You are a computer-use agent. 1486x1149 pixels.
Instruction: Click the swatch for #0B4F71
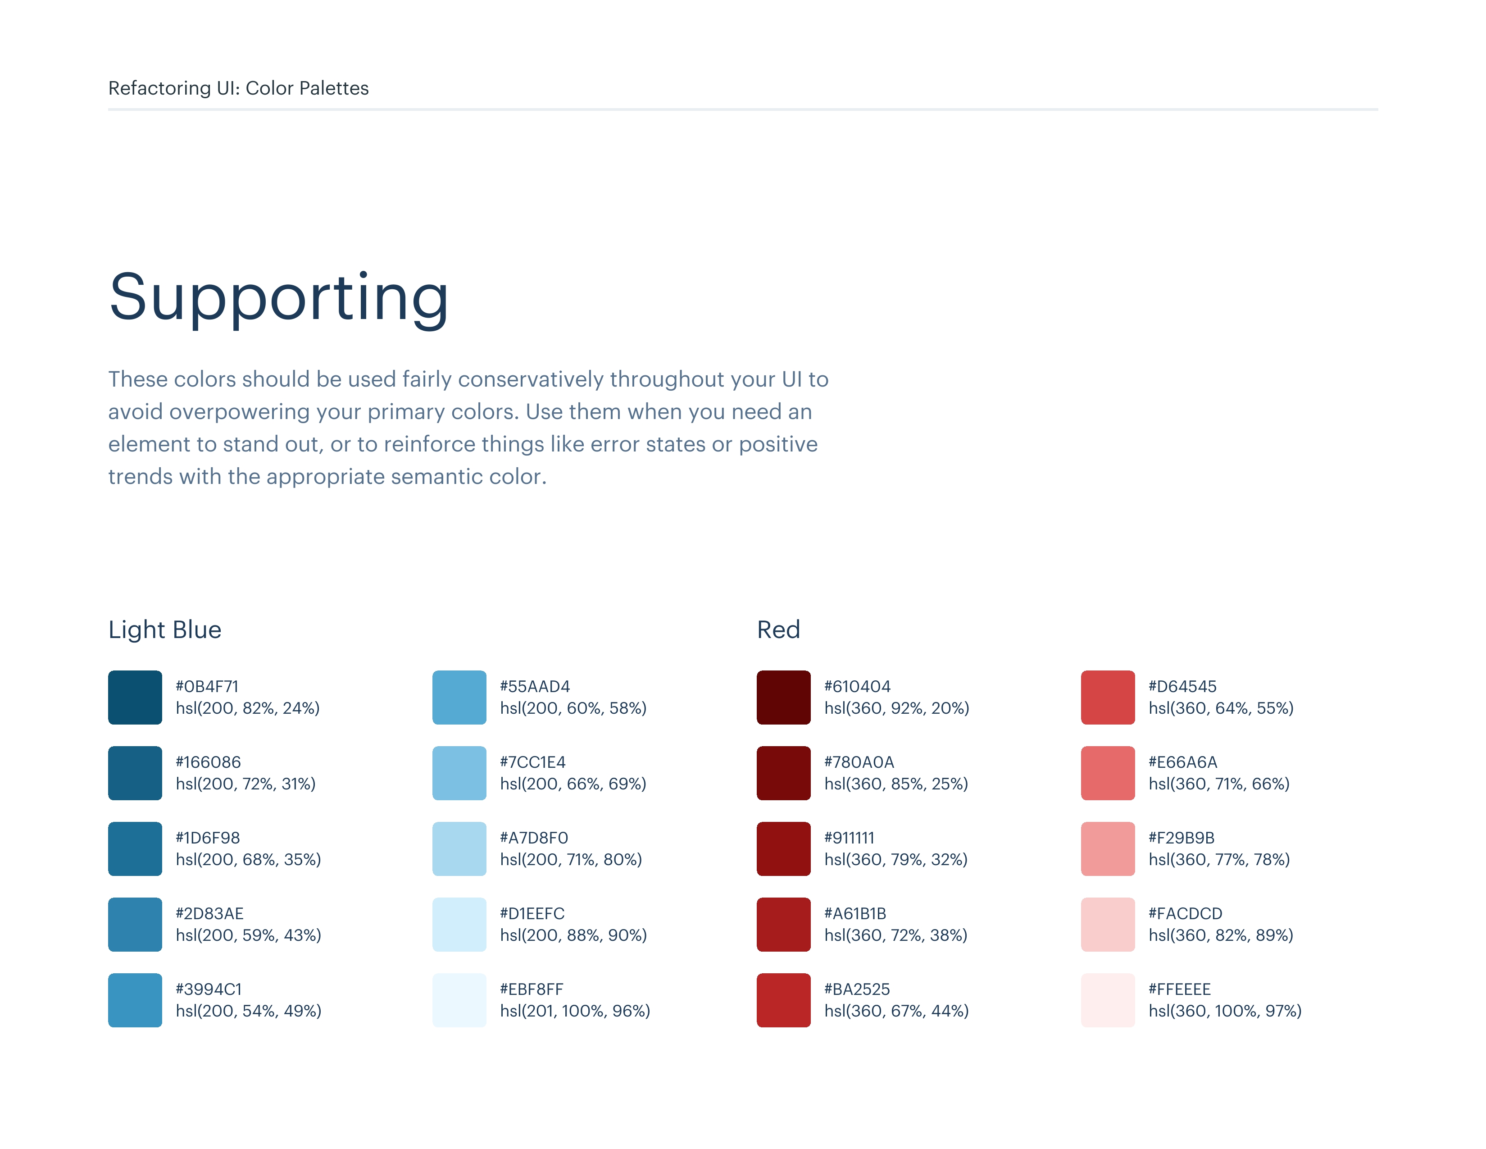135,697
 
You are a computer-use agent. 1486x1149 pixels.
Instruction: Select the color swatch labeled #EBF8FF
459,1000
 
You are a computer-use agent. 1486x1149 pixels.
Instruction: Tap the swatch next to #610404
783,697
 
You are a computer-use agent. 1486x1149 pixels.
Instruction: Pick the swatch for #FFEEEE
1108,1000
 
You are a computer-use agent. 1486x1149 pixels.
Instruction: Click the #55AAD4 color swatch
459,697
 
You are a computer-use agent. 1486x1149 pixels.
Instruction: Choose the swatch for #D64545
1108,697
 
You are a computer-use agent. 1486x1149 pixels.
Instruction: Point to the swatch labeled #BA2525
783,1000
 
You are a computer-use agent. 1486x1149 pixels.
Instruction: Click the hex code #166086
208,761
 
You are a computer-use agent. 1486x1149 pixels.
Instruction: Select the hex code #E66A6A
1182,761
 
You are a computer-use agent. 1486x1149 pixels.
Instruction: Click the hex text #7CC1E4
533,761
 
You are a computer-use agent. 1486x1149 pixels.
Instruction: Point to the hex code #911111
849,837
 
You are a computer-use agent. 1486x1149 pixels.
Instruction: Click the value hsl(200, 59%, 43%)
248,935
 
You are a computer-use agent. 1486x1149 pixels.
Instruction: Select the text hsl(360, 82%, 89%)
1221,935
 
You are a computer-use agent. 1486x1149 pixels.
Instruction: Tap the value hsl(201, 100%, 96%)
575,1011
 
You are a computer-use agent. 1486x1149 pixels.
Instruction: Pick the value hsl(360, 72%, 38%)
895,935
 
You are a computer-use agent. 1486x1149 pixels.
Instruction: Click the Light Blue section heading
165,629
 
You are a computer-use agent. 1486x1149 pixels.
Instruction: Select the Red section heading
778,629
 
